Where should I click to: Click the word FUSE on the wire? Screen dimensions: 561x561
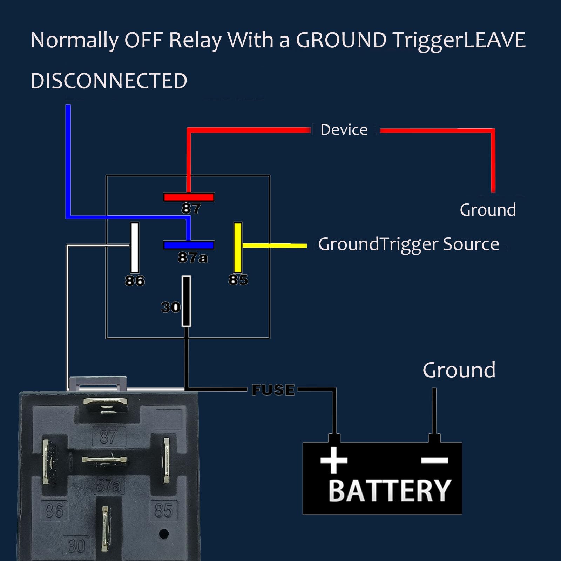tap(273, 390)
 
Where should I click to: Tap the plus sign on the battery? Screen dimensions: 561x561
tap(334, 460)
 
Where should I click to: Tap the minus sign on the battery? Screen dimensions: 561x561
tap(434, 460)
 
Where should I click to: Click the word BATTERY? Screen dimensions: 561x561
tap(389, 491)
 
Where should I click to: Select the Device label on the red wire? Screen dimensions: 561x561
tap(344, 130)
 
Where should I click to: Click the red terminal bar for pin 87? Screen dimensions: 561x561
tap(189, 197)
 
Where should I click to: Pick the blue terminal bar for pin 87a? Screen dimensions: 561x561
tap(189, 245)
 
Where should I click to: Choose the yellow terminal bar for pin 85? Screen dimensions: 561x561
tap(238, 247)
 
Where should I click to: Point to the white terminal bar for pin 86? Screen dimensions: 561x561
tap(135, 247)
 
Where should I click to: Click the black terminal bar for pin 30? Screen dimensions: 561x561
tap(186, 301)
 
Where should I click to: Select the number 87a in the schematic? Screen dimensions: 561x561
tap(192, 258)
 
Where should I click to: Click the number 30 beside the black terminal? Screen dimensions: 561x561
tap(170, 307)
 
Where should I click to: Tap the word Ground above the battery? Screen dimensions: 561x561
tap(459, 370)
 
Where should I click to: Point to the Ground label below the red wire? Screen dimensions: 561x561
tap(488, 210)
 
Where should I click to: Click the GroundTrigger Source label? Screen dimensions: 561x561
tap(408, 244)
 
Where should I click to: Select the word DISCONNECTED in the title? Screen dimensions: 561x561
tap(109, 81)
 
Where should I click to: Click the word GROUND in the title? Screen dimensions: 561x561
tap(341, 40)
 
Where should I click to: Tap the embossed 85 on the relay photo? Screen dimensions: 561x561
tap(163, 511)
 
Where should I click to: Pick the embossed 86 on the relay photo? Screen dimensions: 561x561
tap(54, 511)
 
